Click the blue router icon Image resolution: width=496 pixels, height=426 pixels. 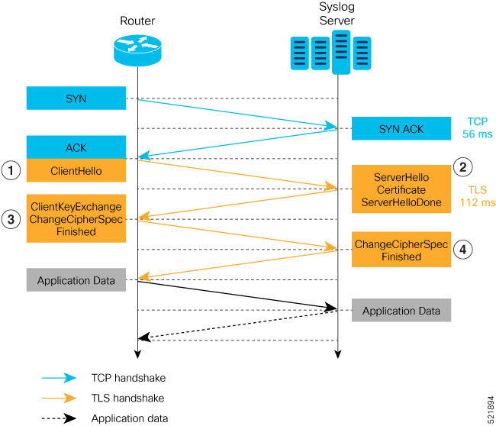[x=137, y=49]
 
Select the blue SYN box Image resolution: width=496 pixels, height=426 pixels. [x=76, y=98]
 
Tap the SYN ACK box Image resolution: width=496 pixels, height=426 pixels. [x=401, y=128]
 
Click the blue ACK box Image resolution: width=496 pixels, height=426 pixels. [x=76, y=147]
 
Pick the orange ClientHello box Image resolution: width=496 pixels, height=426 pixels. [x=76, y=170]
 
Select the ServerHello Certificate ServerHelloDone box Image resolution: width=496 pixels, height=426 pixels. [x=401, y=188]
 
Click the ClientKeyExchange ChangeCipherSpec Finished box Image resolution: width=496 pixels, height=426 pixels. [x=76, y=218]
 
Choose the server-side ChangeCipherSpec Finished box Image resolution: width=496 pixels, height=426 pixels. [x=401, y=250]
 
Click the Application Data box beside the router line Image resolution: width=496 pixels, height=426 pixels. [x=76, y=280]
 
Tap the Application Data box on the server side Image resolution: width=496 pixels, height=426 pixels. [x=401, y=311]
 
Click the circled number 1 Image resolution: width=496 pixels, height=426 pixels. [x=10, y=171]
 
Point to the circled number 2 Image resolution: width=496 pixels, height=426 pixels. [x=463, y=166]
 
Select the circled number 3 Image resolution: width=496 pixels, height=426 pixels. [x=10, y=219]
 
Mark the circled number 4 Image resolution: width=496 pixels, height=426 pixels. [x=463, y=250]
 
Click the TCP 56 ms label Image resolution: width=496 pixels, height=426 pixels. [x=478, y=127]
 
